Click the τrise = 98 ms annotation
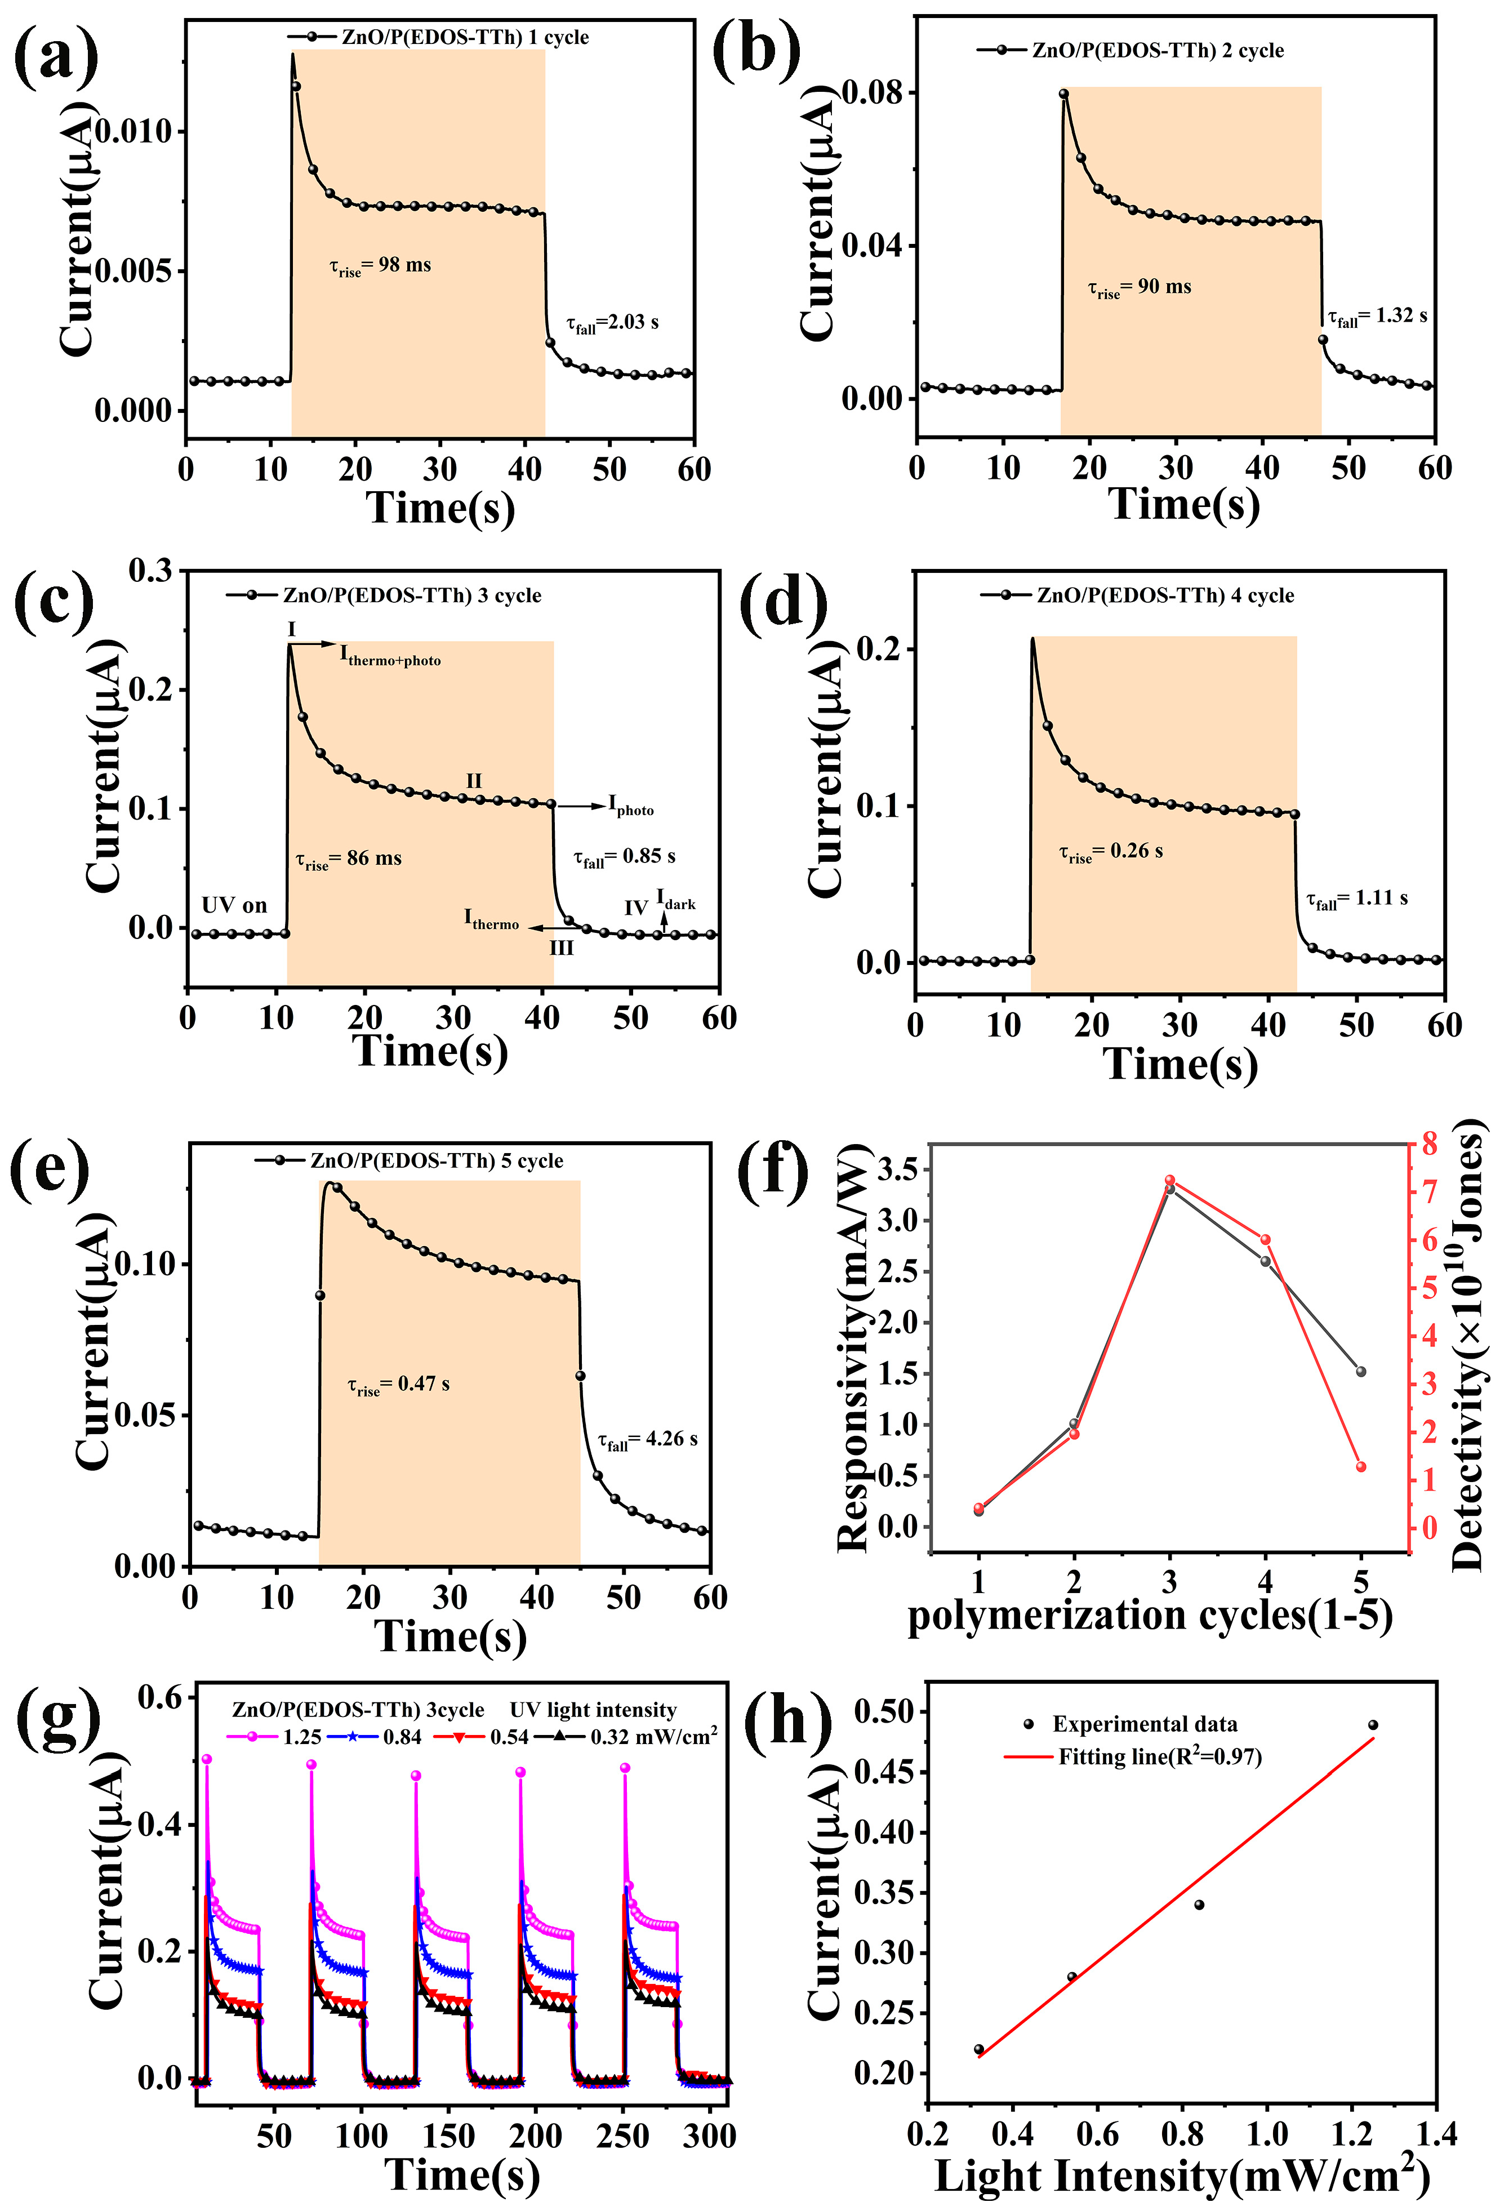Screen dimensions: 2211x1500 (380, 266)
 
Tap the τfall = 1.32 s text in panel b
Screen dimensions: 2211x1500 (1376, 317)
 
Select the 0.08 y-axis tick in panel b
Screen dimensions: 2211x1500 (873, 94)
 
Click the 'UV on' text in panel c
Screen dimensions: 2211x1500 (234, 905)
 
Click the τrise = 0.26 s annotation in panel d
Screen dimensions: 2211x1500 (1110, 852)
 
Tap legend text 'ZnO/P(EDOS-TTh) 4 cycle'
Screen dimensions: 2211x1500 (1165, 595)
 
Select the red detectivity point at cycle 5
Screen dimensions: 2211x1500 (1361, 1467)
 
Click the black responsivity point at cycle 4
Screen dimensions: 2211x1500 (1265, 1261)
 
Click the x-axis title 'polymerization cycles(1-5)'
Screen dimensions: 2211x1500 (1149, 1616)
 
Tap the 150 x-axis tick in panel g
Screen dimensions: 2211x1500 (448, 2136)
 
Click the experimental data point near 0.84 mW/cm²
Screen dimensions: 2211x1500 (1199, 1905)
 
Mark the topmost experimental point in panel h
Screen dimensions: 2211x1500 (1373, 1725)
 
